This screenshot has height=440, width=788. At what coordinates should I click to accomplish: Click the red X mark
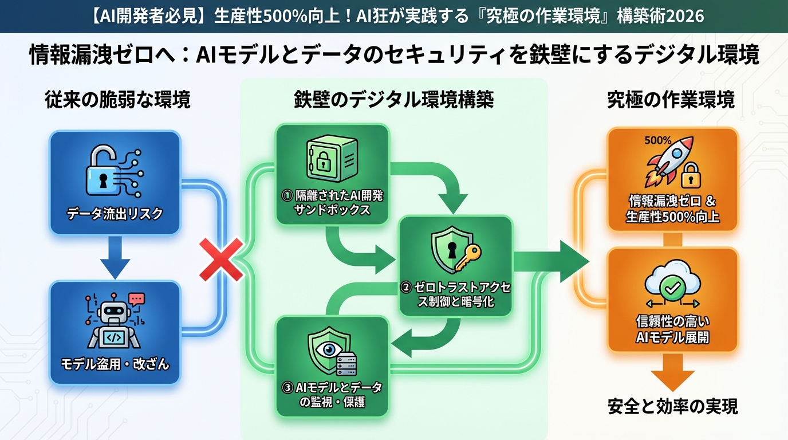pos(220,260)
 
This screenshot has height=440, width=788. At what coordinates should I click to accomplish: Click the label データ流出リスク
pos(115,214)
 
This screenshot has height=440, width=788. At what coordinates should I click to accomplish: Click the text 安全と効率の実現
pos(672,406)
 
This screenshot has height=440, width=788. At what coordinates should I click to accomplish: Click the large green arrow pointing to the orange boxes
pos(553,261)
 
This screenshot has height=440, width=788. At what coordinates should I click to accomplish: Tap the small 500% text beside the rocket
pos(657,140)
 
